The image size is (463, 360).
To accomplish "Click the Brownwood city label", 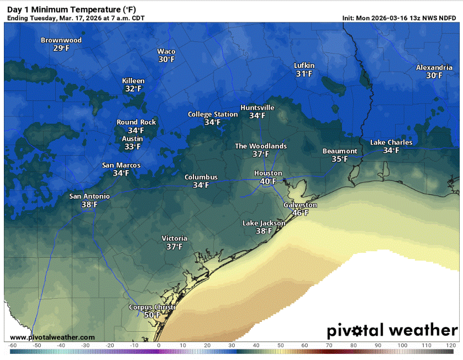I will tap(61, 40).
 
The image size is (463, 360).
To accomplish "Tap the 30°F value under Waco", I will tap(166, 60).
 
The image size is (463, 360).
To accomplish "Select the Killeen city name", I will tap(133, 81).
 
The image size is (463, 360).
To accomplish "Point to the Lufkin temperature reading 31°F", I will tap(304, 73).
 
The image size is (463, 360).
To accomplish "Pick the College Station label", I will tap(213, 114).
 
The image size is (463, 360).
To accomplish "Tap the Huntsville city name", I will tap(257, 108).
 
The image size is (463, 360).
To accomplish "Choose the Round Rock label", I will tap(136, 122).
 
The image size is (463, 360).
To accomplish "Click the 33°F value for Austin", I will tap(132, 147).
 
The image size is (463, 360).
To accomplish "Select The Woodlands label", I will tap(261, 146).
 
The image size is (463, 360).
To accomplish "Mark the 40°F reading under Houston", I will tap(268, 181).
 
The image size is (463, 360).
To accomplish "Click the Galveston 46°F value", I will tap(300, 213).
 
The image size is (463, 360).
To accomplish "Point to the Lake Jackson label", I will tap(264, 223).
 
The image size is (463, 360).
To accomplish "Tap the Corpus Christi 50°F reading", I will tap(152, 315).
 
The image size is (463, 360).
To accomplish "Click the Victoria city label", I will tap(174, 239).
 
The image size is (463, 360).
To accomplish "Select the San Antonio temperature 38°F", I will tap(89, 204).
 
